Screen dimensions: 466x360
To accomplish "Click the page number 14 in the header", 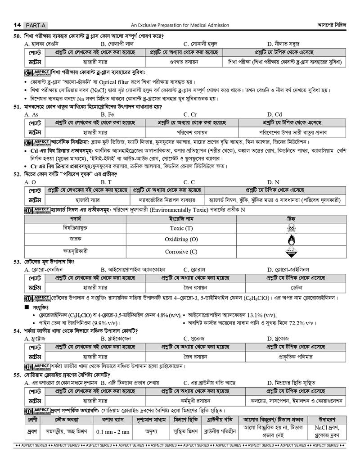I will [18, 25].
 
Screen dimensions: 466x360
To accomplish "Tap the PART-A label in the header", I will [33, 25].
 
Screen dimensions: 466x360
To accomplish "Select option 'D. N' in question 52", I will [273, 182].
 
